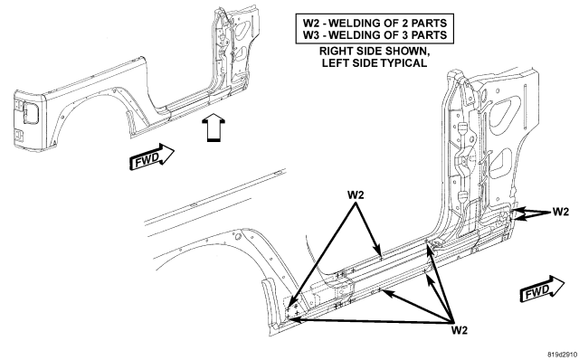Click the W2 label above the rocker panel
tap(356, 194)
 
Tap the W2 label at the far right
tap(561, 212)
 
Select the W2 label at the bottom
tap(460, 330)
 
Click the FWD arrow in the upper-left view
tap(151, 156)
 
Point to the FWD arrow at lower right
tap(542, 289)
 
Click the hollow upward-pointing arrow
tap(214, 128)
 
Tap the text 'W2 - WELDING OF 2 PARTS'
tap(375, 23)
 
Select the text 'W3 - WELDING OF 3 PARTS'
tap(375, 35)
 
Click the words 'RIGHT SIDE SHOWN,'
tap(375, 51)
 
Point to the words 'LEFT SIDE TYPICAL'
tap(375, 62)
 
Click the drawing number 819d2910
tap(562, 354)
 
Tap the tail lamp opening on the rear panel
tap(30, 113)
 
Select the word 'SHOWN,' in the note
tap(409, 51)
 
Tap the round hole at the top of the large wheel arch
tap(238, 236)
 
